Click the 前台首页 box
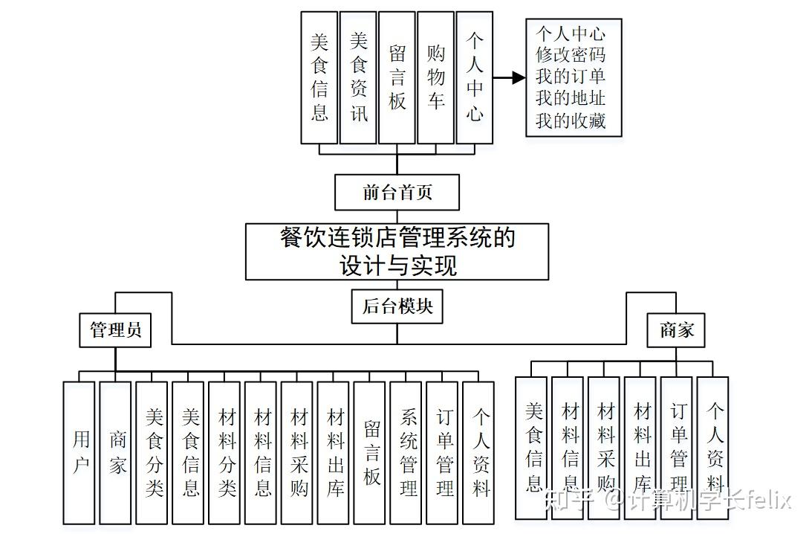pyautogui.click(x=397, y=193)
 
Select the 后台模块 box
pyautogui.click(x=397, y=306)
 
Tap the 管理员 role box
pyautogui.click(x=115, y=329)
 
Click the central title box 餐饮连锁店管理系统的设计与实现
pyautogui.click(x=397, y=251)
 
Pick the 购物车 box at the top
pyautogui.click(x=435, y=77)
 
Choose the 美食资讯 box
pyautogui.click(x=358, y=77)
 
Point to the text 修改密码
pyautogui.click(x=571, y=55)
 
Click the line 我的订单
pyautogui.click(x=571, y=77)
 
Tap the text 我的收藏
pyautogui.click(x=571, y=120)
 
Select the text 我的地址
pyautogui.click(x=571, y=98)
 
